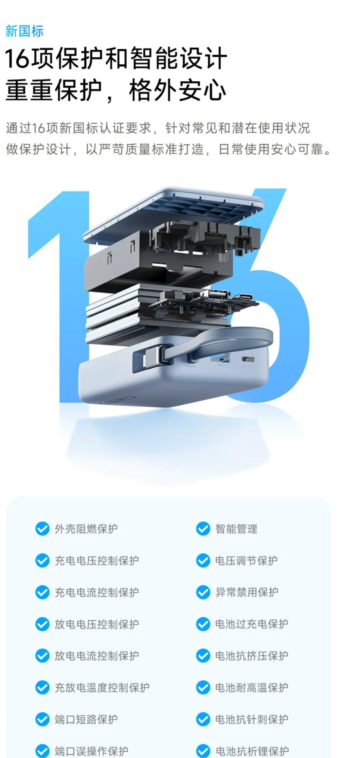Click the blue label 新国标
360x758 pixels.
pyautogui.click(x=25, y=31)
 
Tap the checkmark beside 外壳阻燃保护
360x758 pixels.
pyautogui.click(x=42, y=529)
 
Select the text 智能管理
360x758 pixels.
pyautogui.click(x=236, y=529)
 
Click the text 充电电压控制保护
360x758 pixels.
pyautogui.click(x=97, y=560)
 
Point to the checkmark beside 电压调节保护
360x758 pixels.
pyautogui.click(x=203, y=560)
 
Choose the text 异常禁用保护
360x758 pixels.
pyautogui.click(x=247, y=592)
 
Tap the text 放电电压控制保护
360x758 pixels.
pyautogui.click(x=97, y=624)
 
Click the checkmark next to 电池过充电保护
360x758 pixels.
pyautogui.click(x=203, y=624)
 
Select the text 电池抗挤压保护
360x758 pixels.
pyautogui.click(x=252, y=656)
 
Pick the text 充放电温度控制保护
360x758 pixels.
pyautogui.click(x=102, y=687)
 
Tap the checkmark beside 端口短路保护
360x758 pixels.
pyautogui.click(x=42, y=719)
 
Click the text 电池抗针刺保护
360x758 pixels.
pyautogui.click(x=252, y=719)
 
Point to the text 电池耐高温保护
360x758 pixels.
pyautogui.click(x=252, y=687)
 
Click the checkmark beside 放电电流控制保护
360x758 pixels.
pyautogui.click(x=42, y=656)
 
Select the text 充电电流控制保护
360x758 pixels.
pyautogui.click(x=97, y=592)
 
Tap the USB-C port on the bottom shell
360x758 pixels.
pyautogui.click(x=248, y=360)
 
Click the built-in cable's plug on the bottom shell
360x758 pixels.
pyautogui.click(x=153, y=359)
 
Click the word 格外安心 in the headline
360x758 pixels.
pyautogui.click(x=177, y=90)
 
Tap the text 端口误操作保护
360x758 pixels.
pyautogui.click(x=91, y=751)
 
